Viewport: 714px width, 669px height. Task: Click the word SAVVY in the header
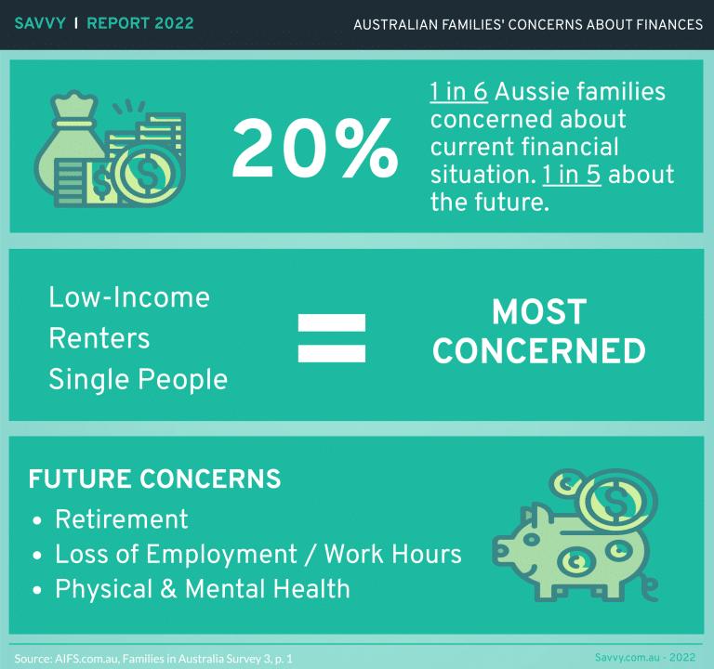(40, 23)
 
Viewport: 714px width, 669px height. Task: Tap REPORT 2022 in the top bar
(140, 23)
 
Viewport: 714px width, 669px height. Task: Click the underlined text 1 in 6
(463, 91)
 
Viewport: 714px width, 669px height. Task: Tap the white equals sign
(331, 337)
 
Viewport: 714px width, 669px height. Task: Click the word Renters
(99, 338)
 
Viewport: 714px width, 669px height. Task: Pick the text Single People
(138, 379)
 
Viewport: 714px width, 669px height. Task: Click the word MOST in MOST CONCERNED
(539, 312)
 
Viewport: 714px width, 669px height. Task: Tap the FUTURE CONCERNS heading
(154, 479)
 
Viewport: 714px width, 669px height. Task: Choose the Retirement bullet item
(122, 518)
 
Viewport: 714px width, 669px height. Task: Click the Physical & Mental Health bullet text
(203, 588)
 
